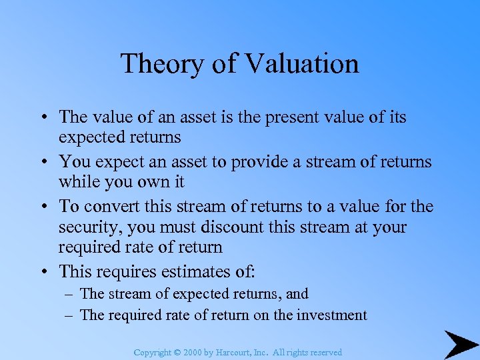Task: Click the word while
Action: click(x=79, y=181)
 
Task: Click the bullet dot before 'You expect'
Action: click(x=43, y=163)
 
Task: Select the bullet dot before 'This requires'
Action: click(x=43, y=272)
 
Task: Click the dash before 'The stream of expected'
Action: click(x=69, y=294)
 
